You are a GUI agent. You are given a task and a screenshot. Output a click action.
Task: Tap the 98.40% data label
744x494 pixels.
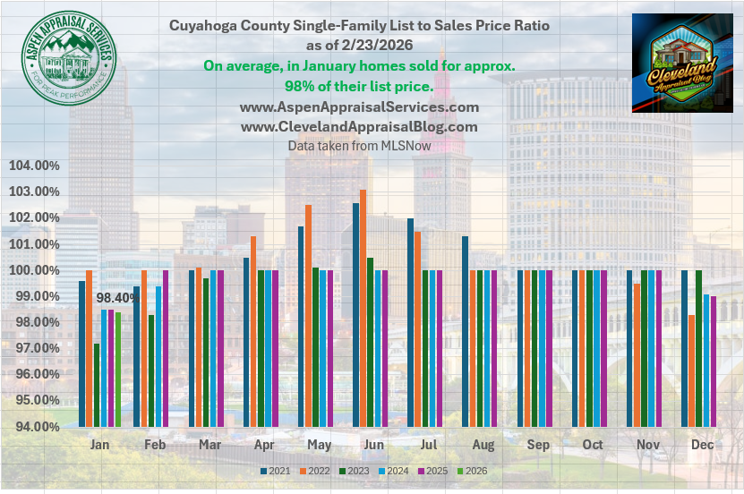coord(115,298)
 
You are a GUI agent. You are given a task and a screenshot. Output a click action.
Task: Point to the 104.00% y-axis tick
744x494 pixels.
coord(34,166)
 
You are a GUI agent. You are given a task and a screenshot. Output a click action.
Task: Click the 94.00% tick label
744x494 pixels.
coord(34,426)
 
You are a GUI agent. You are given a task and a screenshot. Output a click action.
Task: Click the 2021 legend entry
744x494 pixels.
coord(273,471)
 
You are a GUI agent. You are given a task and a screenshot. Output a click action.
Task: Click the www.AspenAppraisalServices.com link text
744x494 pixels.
coord(359,106)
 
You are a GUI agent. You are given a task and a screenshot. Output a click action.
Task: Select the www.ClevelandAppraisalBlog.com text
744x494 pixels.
coord(359,127)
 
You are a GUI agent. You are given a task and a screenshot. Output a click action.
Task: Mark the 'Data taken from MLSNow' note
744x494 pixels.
coord(359,145)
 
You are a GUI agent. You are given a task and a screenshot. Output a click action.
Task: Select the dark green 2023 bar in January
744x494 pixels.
coord(97,385)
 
